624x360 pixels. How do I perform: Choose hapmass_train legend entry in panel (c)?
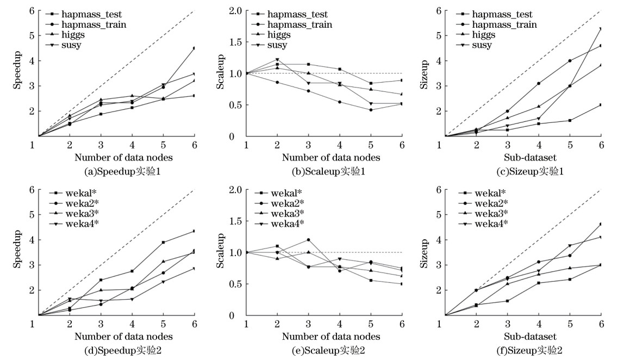point(504,24)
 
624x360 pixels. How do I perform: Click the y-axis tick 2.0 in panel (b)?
point(235,11)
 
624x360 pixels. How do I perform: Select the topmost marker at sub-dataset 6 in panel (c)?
point(600,29)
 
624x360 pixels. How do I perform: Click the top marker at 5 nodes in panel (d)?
point(163,243)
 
